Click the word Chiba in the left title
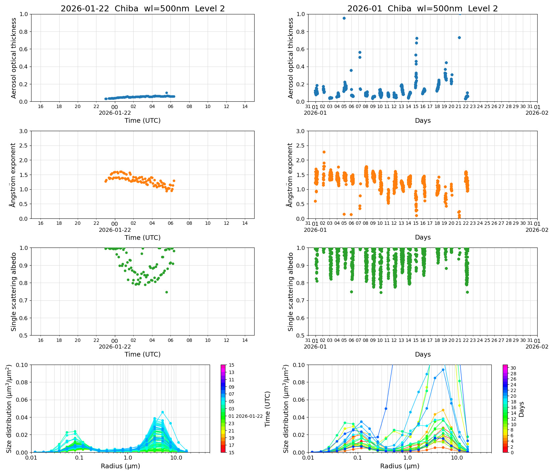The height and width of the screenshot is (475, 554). pyautogui.click(x=126, y=9)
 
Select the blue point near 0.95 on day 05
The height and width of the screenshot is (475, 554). pyautogui.click(x=344, y=18)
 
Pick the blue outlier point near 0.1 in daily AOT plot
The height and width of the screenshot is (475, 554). pyautogui.click(x=166, y=93)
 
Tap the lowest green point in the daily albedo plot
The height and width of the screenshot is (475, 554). pyautogui.click(x=166, y=292)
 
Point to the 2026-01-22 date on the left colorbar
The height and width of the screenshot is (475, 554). pyautogui.click(x=249, y=416)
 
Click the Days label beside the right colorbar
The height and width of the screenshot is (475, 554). pyautogui.click(x=521, y=409)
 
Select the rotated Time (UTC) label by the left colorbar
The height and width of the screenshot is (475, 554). pyautogui.click(x=267, y=409)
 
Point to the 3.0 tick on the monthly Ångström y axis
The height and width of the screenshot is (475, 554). pyautogui.click(x=300, y=131)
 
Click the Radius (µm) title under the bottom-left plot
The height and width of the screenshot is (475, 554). pyautogui.click(x=120, y=466)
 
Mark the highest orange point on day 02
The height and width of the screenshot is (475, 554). pyautogui.click(x=324, y=152)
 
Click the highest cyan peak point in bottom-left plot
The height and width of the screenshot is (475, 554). pyautogui.click(x=162, y=412)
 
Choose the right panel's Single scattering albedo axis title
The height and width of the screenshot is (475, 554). pyautogui.click(x=290, y=292)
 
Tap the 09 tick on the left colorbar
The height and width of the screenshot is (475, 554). pyautogui.click(x=231, y=387)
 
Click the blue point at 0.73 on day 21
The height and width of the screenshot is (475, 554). pyautogui.click(x=459, y=37)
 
